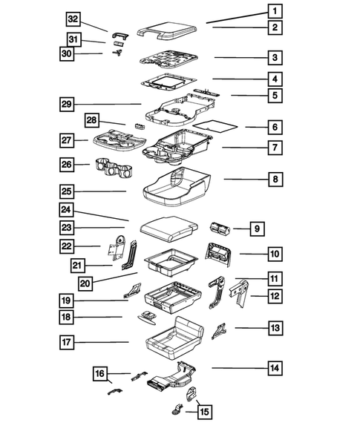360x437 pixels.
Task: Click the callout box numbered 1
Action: point(275,11)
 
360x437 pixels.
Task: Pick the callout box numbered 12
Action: point(274,297)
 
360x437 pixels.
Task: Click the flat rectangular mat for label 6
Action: point(219,123)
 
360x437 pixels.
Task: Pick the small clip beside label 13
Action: point(220,329)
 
